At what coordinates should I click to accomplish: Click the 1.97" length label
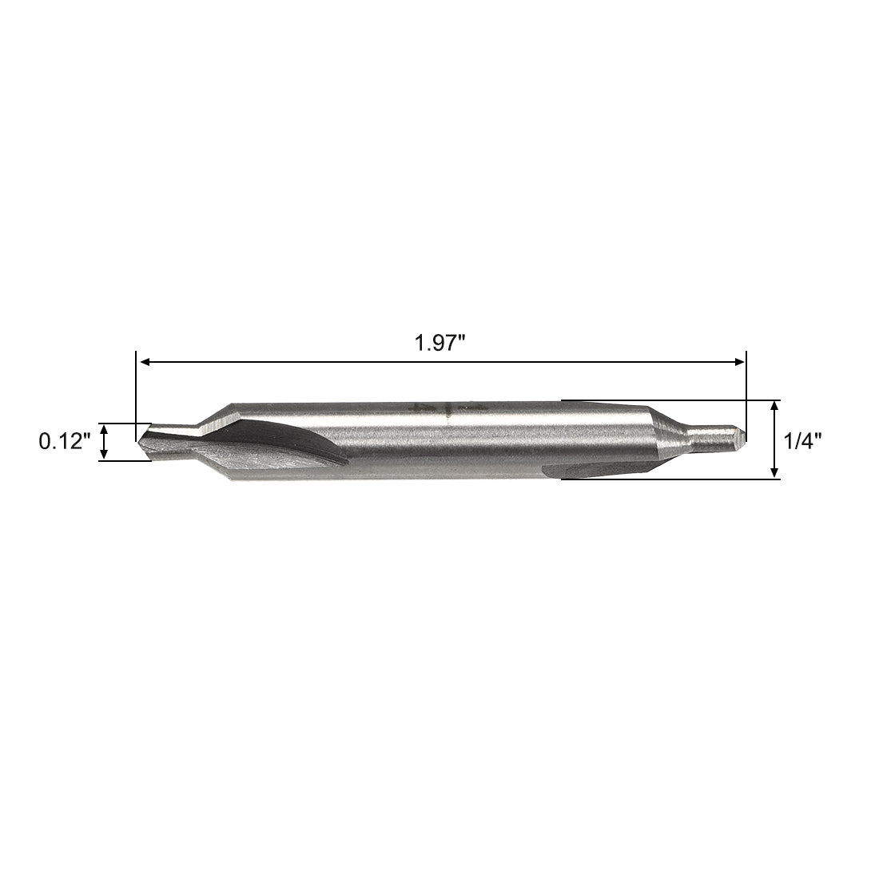tap(439, 344)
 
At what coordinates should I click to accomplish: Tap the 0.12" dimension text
tap(66, 441)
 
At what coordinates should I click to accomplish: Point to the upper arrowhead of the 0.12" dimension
tap(104, 428)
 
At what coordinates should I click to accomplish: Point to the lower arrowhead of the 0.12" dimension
tap(104, 455)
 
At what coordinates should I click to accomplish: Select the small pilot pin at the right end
tap(719, 436)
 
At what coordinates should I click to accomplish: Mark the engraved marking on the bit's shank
tap(436, 409)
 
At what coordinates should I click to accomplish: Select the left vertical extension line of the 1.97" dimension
tap(136, 392)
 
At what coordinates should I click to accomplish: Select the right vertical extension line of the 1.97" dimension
tap(746, 392)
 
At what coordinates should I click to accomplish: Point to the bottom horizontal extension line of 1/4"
tap(671, 479)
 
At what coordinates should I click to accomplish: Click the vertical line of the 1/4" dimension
tap(774, 439)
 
